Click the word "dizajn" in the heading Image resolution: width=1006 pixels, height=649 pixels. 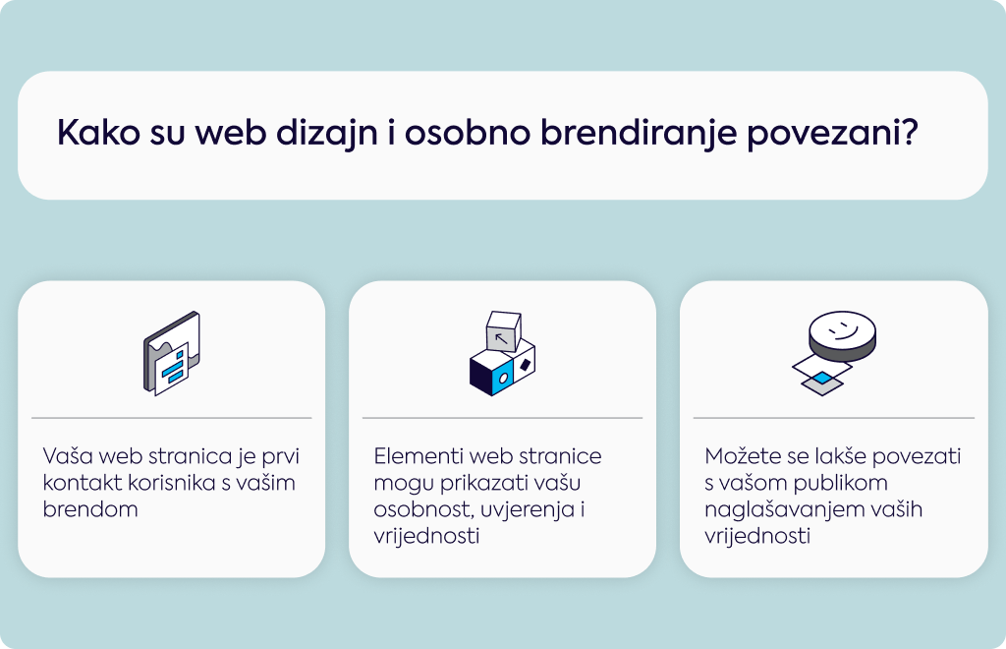pos(326,135)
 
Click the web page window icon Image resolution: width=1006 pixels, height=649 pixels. pos(171,353)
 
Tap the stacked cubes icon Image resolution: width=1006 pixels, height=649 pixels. pos(502,353)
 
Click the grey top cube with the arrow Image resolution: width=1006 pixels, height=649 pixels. pos(504,331)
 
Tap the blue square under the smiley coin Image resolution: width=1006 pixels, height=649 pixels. pos(822,378)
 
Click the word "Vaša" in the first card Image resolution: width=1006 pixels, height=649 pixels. pos(68,456)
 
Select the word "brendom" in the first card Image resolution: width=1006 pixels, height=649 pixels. pos(90,509)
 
